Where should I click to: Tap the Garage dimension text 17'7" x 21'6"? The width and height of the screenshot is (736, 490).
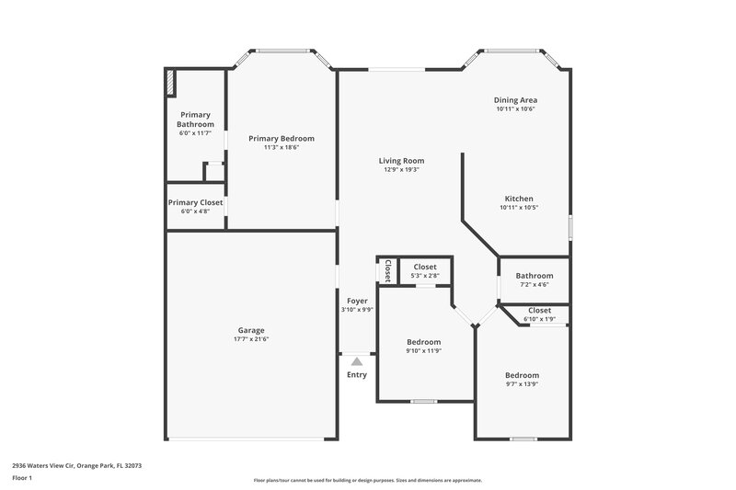click(x=251, y=339)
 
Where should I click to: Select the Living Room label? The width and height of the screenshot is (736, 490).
click(x=401, y=161)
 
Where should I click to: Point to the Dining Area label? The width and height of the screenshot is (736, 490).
click(x=515, y=99)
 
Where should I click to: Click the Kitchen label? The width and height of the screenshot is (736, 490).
click(x=518, y=199)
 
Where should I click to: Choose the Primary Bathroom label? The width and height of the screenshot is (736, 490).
click(x=195, y=120)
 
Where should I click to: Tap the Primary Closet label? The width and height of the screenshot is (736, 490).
click(x=195, y=202)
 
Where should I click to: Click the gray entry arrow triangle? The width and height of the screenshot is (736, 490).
click(x=357, y=361)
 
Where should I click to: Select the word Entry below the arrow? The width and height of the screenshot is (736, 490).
click(x=357, y=374)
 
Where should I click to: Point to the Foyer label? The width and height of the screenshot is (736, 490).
click(x=357, y=301)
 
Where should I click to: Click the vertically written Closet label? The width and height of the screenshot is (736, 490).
click(x=387, y=270)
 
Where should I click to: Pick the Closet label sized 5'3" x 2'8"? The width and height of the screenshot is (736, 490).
click(x=424, y=267)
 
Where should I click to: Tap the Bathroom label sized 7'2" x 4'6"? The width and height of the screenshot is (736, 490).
click(x=535, y=276)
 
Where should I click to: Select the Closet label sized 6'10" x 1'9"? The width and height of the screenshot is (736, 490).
click(x=539, y=311)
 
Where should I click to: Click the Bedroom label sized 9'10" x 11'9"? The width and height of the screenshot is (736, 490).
click(x=424, y=342)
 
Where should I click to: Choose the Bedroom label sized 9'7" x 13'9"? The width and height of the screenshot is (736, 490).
click(x=522, y=375)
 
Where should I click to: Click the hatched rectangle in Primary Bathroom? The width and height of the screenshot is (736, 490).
click(x=171, y=83)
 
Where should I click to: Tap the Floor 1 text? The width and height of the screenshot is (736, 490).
click(x=22, y=478)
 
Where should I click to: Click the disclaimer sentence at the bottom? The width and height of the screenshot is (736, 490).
click(x=367, y=480)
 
